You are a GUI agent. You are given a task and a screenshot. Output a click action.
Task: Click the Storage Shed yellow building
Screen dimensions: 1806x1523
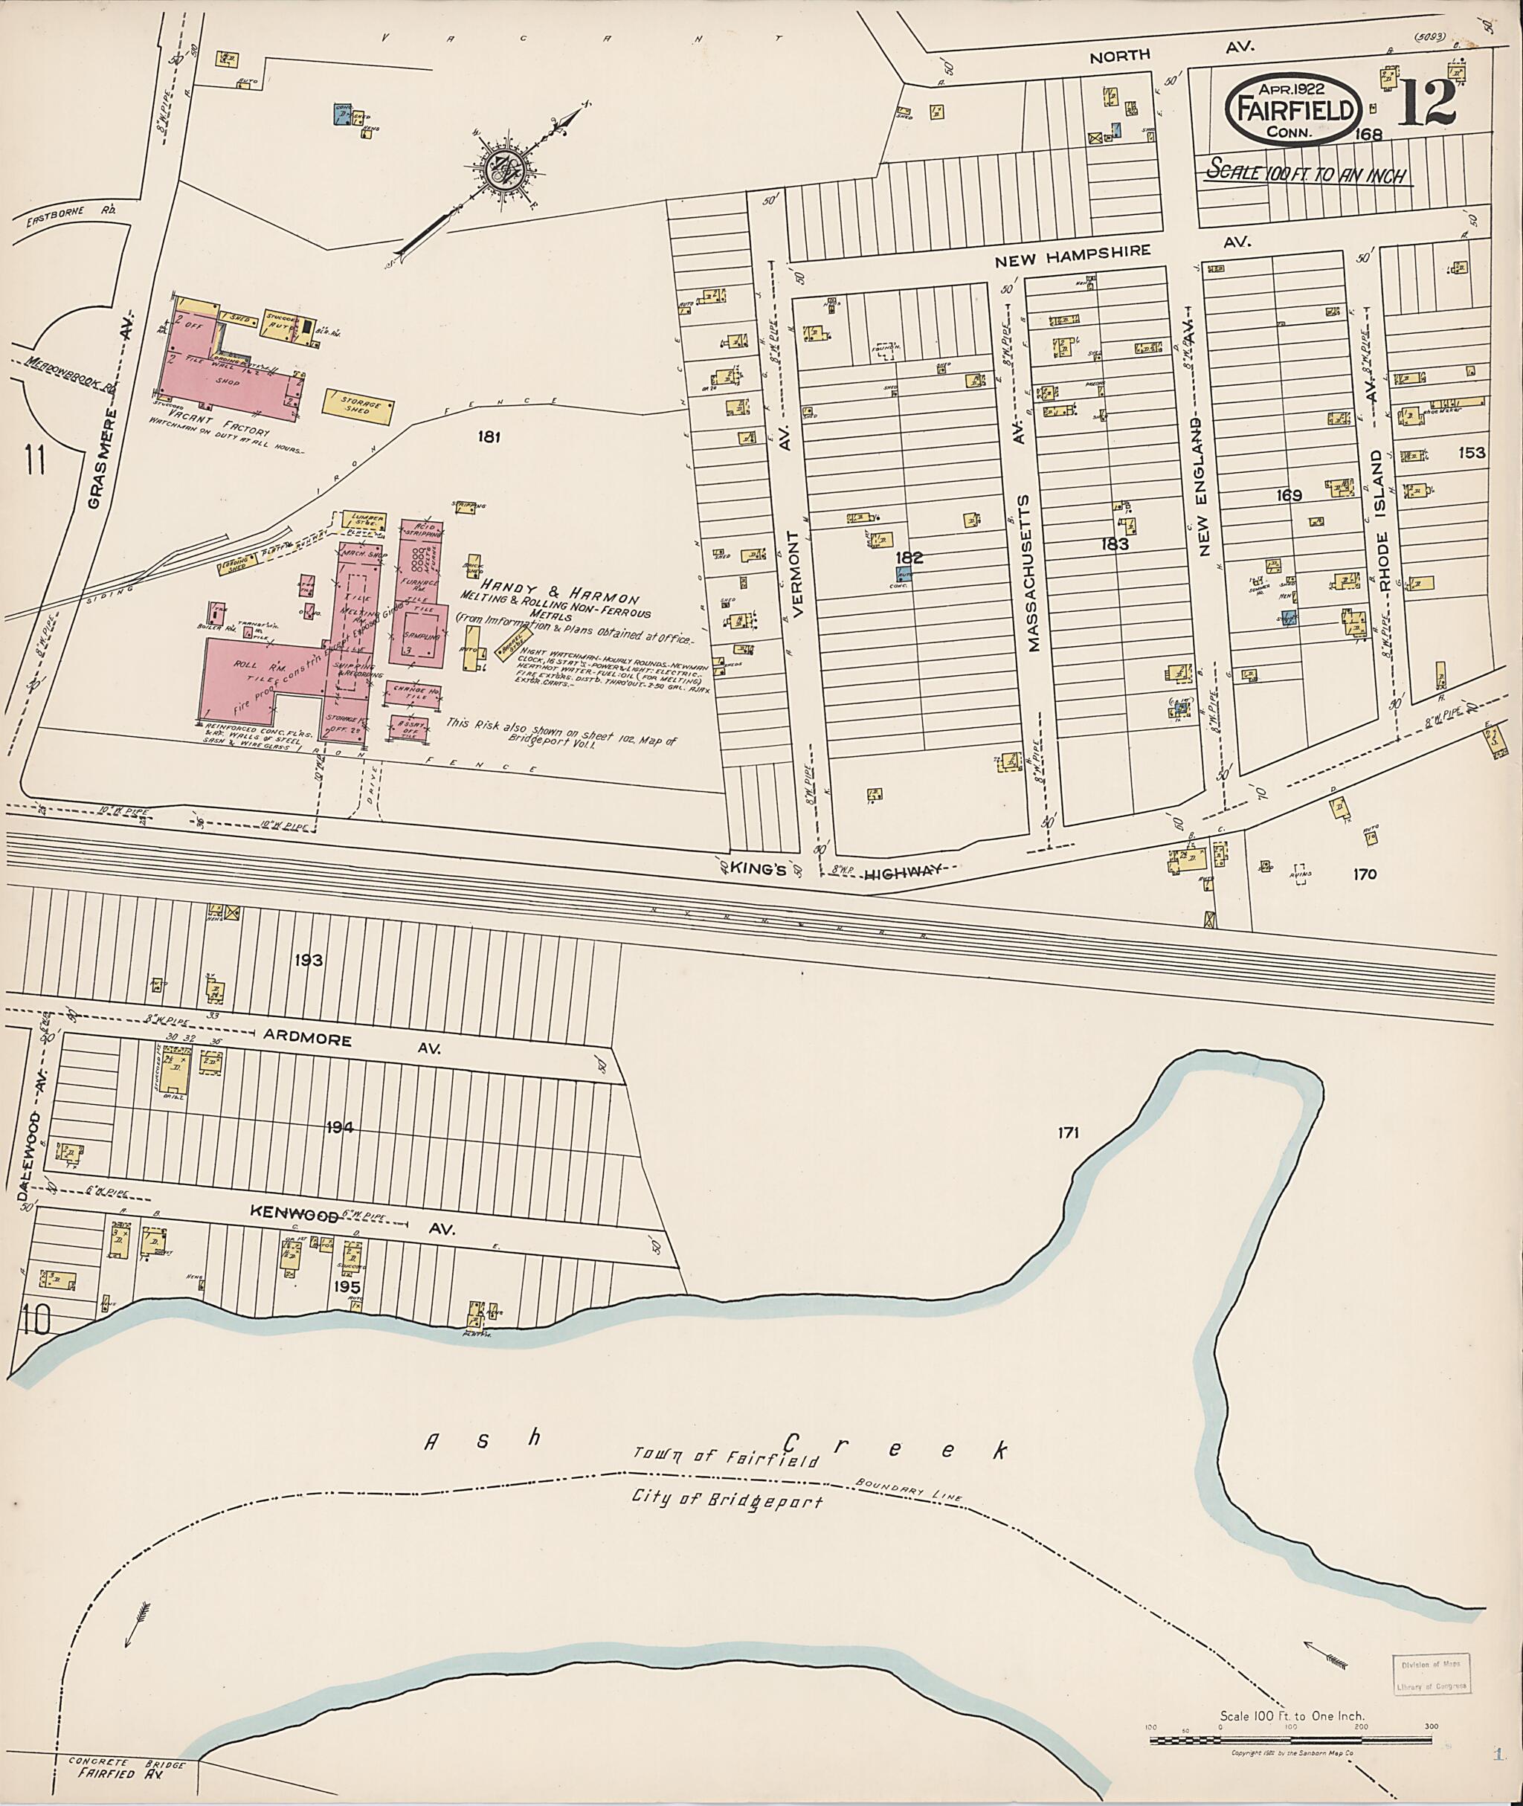tap(358, 406)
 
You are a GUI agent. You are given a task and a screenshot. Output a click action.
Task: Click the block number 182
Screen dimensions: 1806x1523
tap(909, 558)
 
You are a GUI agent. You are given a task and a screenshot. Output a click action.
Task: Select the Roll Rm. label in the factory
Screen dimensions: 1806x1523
tap(251, 665)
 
